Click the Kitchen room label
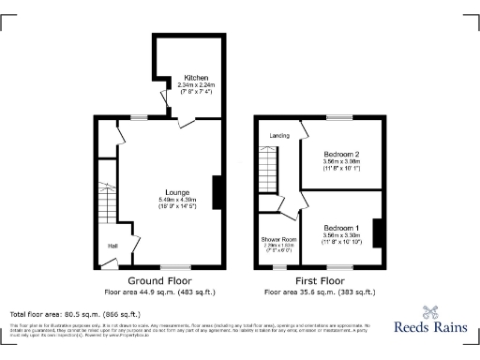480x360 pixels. tap(196, 77)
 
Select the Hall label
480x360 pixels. tap(112, 246)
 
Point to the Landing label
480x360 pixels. tap(278, 136)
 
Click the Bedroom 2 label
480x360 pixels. tap(342, 153)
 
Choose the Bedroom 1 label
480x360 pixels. tap(342, 228)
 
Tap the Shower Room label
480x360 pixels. tap(277, 240)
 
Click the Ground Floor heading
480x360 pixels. tap(160, 280)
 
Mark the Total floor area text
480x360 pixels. tap(75, 314)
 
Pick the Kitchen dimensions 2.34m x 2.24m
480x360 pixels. tap(196, 85)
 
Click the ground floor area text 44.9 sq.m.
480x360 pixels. tap(160, 292)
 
